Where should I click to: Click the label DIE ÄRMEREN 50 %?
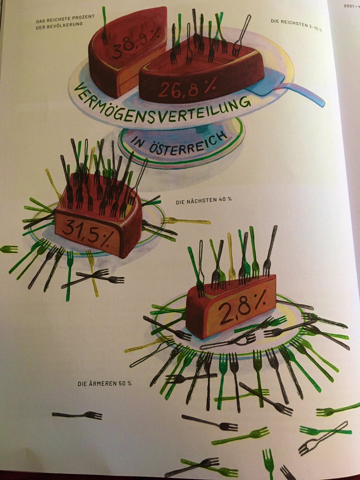104,384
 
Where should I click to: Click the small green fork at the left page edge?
9,249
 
